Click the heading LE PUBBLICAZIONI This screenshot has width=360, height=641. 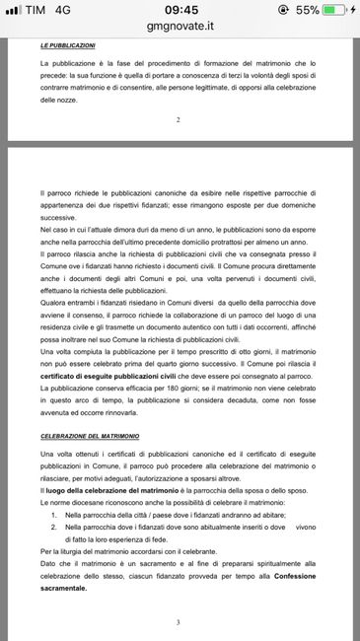point(68,45)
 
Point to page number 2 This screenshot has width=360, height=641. point(179,119)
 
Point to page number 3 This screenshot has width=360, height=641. point(179,622)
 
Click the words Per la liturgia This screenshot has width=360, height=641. point(65,550)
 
